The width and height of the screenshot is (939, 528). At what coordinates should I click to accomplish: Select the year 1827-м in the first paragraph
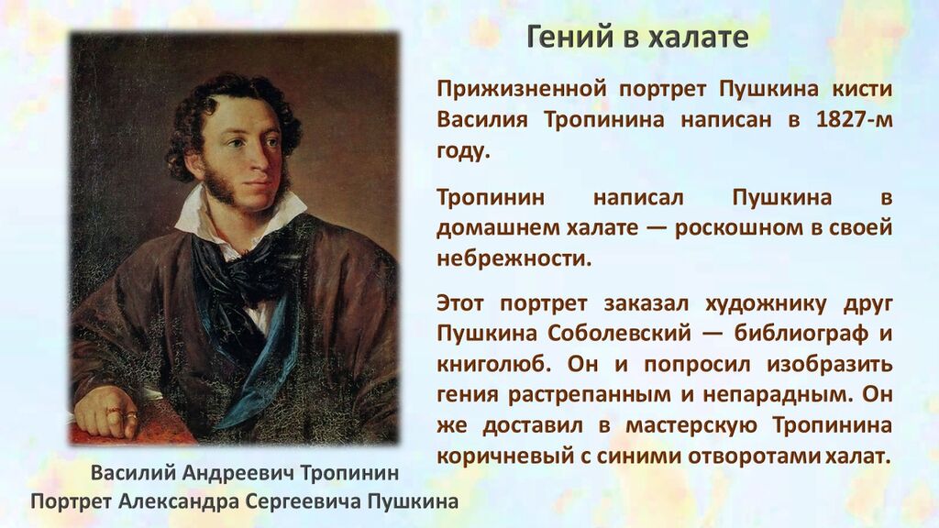855,120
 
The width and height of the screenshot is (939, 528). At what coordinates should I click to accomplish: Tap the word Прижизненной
522,89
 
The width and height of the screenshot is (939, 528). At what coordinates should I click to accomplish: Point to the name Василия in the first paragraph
482,120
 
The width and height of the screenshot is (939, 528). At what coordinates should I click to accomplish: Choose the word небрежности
514,258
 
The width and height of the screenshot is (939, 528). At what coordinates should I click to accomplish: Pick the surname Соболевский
619,334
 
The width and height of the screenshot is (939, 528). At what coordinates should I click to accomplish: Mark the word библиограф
801,334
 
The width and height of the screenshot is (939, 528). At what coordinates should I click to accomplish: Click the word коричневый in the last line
504,456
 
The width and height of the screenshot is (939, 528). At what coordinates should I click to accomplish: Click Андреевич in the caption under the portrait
238,473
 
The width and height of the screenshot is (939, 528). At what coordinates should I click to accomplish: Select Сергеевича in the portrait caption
304,501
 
